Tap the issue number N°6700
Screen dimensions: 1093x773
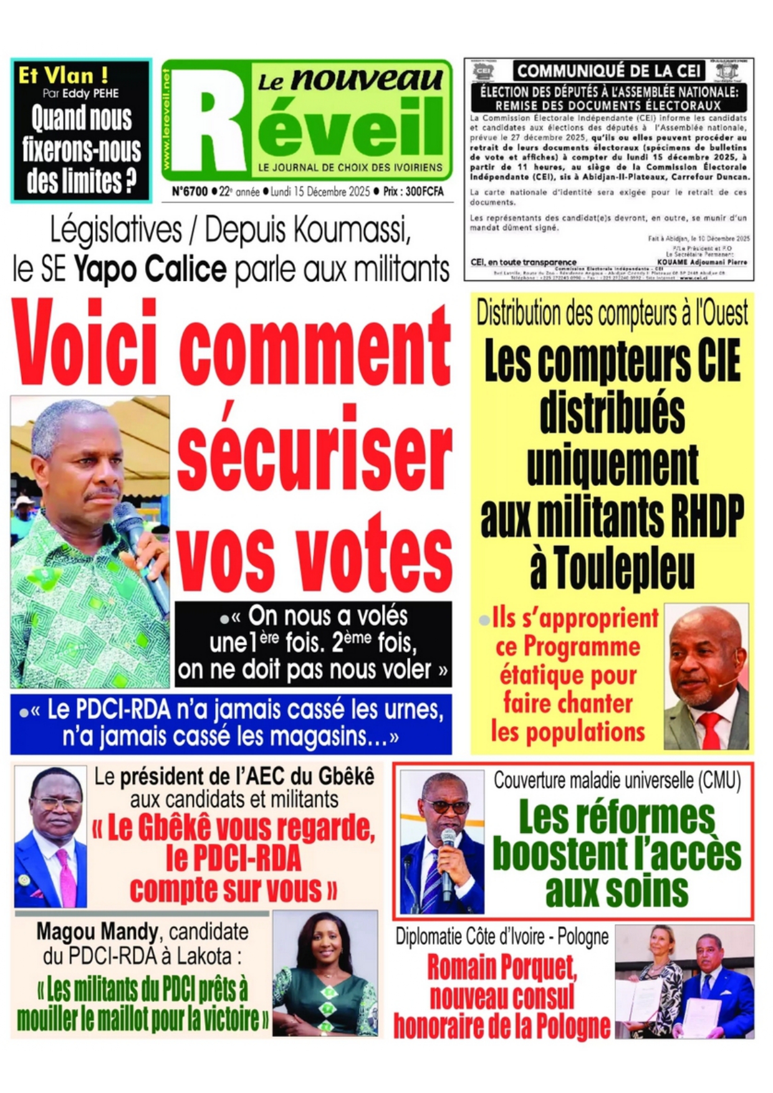[190, 192]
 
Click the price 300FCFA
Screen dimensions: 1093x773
[424, 192]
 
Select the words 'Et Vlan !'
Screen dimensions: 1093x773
[63, 75]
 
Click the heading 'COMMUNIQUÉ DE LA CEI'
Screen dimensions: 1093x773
[608, 71]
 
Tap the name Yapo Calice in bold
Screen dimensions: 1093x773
[150, 270]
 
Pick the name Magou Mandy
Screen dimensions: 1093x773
[97, 932]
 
